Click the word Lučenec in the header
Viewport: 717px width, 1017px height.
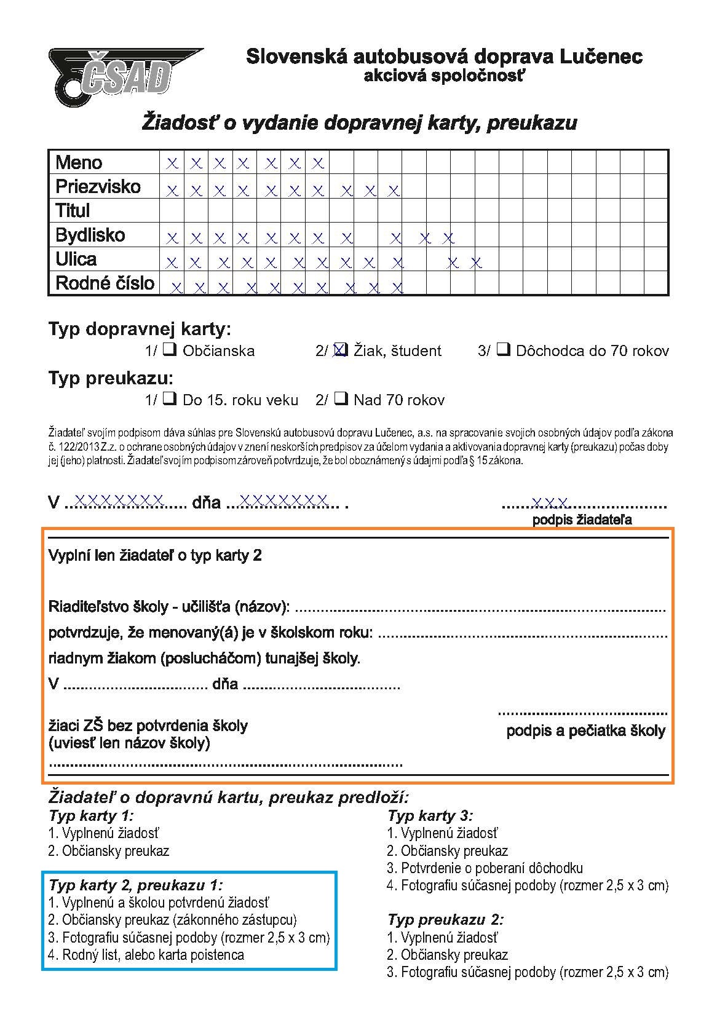pyautogui.click(x=601, y=57)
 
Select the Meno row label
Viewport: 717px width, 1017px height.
pyautogui.click(x=79, y=162)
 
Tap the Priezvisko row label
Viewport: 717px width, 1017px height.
pyautogui.click(x=98, y=186)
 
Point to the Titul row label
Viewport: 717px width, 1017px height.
pyautogui.click(x=73, y=210)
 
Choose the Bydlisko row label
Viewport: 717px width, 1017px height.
pyautogui.click(x=90, y=235)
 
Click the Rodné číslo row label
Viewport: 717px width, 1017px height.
pyautogui.click(x=105, y=283)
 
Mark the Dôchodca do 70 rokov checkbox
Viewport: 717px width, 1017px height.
pyautogui.click(x=503, y=350)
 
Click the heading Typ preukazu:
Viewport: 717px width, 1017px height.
pyautogui.click(x=111, y=378)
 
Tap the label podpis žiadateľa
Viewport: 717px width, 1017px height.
pyautogui.click(x=582, y=520)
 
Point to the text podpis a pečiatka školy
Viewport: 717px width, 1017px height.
pyautogui.click(x=585, y=731)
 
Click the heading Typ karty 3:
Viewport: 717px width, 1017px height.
pyautogui.click(x=430, y=816)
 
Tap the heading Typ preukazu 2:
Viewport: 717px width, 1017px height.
pyautogui.click(x=445, y=920)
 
